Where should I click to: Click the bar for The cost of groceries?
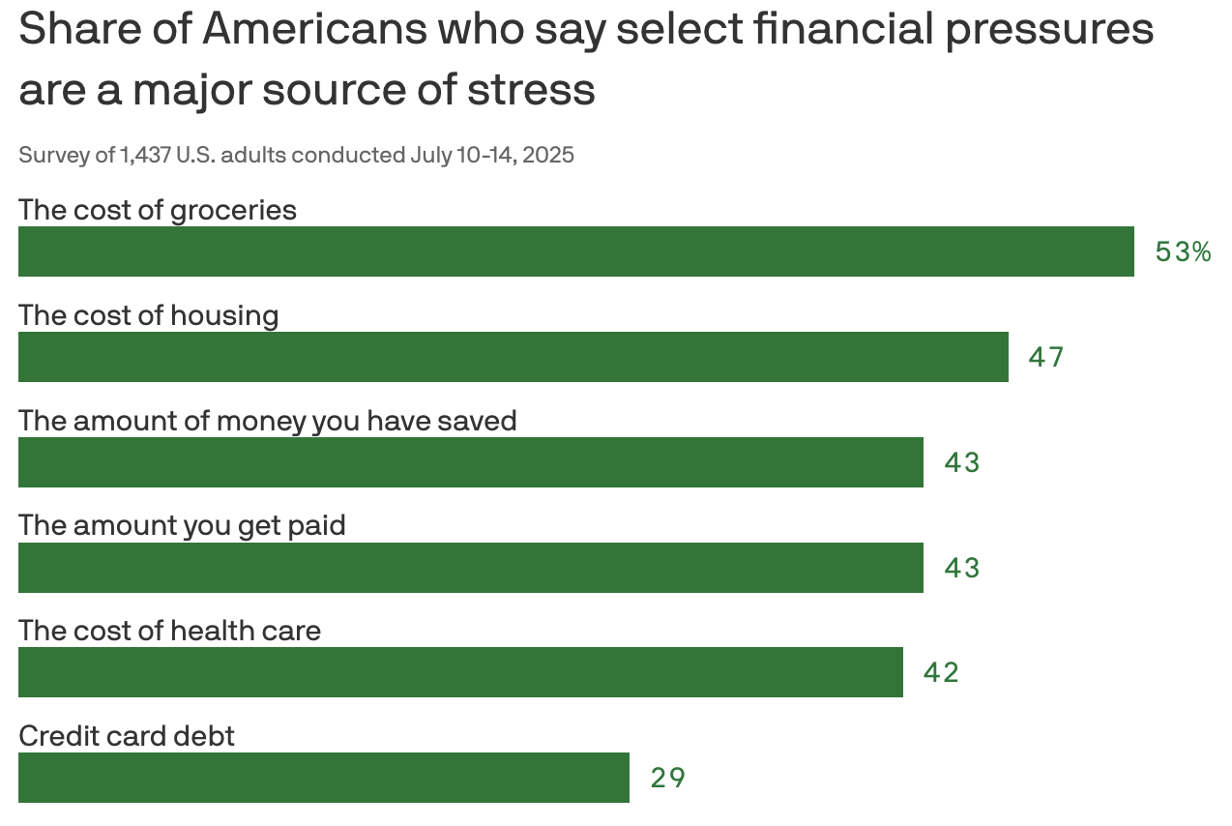pos(575,251)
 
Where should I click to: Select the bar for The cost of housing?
pos(513,357)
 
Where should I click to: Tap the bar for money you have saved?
pos(470,462)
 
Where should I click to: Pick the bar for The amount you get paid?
pos(470,568)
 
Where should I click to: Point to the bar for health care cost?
pos(460,672)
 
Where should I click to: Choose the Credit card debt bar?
pos(323,778)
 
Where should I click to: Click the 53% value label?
pos(1183,252)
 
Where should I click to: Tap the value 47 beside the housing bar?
pos(1045,358)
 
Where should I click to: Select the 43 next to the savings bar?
pos(961,463)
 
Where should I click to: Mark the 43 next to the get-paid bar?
pos(961,568)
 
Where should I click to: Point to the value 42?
pos(941,673)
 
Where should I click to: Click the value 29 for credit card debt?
pos(667,778)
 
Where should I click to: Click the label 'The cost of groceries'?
pos(158,210)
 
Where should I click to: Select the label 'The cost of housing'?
pos(149,315)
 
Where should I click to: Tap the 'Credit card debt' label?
pos(127,736)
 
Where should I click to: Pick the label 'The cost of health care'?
pos(169,631)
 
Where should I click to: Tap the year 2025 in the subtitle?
pos(548,155)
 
